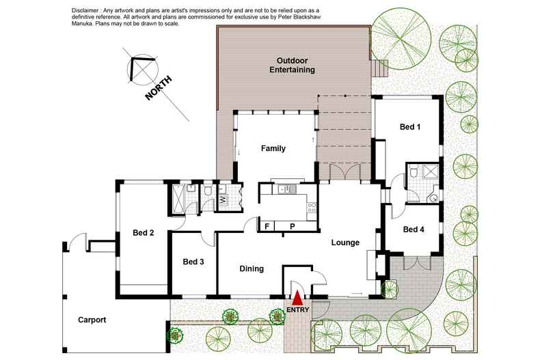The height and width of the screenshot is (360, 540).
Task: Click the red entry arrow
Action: (x=297, y=298)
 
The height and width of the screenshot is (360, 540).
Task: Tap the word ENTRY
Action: (x=297, y=309)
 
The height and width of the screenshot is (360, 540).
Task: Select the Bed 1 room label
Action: (x=410, y=126)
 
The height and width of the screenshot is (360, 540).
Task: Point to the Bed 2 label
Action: (x=143, y=233)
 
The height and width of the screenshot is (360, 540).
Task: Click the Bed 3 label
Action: (x=193, y=262)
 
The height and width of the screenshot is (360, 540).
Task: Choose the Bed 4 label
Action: (x=414, y=230)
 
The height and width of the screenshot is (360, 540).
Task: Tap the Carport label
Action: (x=92, y=320)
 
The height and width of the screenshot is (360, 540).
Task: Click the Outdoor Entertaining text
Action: (x=292, y=65)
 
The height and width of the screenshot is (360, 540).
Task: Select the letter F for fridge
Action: (x=267, y=226)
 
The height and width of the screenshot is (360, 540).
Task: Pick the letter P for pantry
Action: (x=292, y=226)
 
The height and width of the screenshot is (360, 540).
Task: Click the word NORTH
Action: (x=159, y=88)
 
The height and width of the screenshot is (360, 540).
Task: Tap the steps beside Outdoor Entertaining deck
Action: (x=379, y=68)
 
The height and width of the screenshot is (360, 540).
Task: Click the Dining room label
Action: (x=252, y=268)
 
